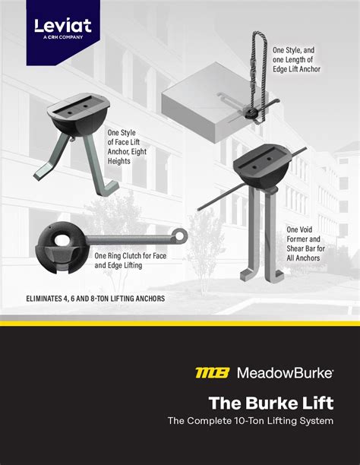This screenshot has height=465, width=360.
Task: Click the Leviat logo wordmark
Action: click(63, 26)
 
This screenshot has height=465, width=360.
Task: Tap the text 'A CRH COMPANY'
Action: click(63, 37)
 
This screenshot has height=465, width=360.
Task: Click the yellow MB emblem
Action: click(213, 373)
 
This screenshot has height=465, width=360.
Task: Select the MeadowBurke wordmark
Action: click(285, 373)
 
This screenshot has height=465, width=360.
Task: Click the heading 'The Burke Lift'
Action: click(271, 403)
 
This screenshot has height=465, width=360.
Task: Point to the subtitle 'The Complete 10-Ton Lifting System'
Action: click(251, 421)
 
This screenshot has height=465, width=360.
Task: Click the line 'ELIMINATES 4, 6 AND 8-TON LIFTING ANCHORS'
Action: click(96, 299)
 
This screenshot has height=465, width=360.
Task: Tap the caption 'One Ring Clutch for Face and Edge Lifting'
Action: click(130, 261)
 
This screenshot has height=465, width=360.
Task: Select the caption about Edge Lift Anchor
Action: click(296, 59)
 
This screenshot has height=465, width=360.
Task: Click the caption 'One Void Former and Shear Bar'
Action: click(305, 244)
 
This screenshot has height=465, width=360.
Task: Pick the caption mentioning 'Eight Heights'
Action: click(127, 147)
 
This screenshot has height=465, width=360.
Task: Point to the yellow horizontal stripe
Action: click(180, 324)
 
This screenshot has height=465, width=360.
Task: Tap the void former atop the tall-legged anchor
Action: click(261, 166)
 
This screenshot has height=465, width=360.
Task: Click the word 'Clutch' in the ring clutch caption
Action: click(133, 255)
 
